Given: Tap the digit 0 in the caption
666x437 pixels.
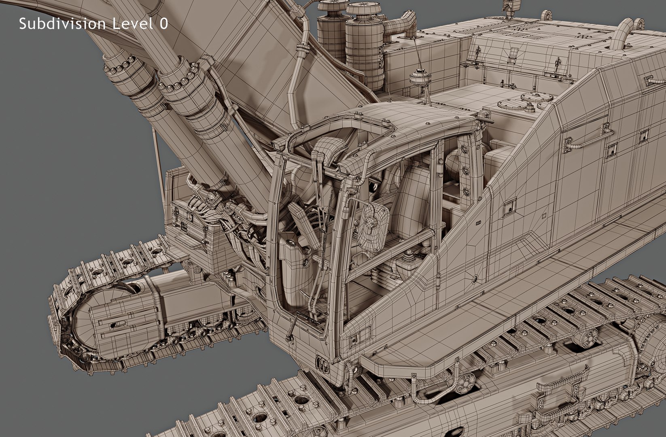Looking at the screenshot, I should (163, 24).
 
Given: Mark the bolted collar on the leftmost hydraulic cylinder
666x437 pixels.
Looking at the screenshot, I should (121, 69).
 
